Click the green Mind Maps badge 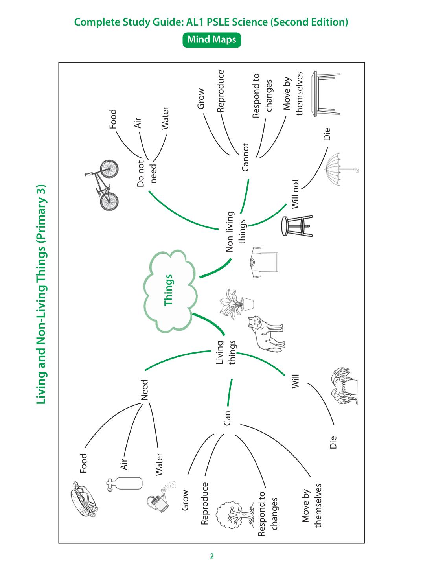click(211, 40)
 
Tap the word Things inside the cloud click(168, 290)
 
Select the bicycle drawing click(101, 185)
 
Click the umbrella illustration click(341, 169)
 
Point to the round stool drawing click(297, 226)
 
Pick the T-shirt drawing click(264, 262)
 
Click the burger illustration click(83, 499)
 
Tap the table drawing click(326, 94)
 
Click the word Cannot click(245, 157)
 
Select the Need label click(144, 390)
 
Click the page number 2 click(212, 556)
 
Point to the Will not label click(295, 194)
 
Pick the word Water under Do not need click(165, 118)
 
